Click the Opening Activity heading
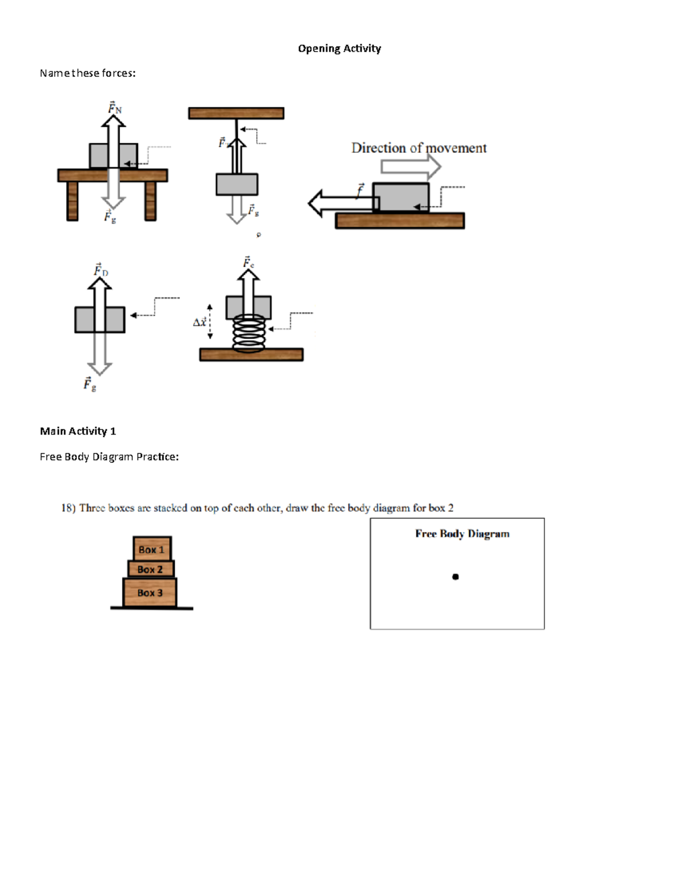(x=339, y=49)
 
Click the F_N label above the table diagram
(x=115, y=108)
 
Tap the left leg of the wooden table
(x=72, y=201)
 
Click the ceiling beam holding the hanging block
(x=236, y=113)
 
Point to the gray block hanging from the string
(x=237, y=185)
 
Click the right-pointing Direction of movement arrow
(x=410, y=166)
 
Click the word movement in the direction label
(x=455, y=148)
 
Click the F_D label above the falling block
(x=101, y=270)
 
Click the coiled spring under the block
(x=248, y=332)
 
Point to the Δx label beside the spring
(x=200, y=322)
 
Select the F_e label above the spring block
(x=248, y=262)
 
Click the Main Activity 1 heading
(x=78, y=431)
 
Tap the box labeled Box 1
(x=152, y=549)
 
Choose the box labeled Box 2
(x=151, y=569)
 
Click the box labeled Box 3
(x=150, y=593)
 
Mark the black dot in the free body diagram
(x=455, y=577)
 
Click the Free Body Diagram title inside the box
(x=462, y=534)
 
